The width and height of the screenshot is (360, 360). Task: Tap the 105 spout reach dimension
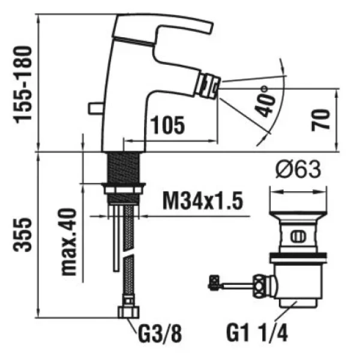pos(168,125)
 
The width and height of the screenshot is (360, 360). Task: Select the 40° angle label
pos(266,101)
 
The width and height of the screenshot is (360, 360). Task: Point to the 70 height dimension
pos(321,121)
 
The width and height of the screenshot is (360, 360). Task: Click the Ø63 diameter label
pos(298,170)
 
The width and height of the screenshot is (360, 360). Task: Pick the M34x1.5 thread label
pos(203,201)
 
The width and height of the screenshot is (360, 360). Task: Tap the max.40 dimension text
pos(68,242)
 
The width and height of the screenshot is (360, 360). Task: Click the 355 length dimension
pos(23,235)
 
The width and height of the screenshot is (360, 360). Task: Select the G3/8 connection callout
pos(160,334)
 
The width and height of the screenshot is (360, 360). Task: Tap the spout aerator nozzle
pos(208,86)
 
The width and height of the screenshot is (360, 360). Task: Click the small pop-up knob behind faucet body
pos(96,109)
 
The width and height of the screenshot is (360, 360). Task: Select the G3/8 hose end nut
pos(128,312)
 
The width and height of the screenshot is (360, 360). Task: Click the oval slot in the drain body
pos(298,237)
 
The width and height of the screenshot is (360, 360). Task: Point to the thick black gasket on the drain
pos(298,255)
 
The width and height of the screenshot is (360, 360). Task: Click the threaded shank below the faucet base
pos(124,167)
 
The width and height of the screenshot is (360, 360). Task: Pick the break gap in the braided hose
pos(128,252)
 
